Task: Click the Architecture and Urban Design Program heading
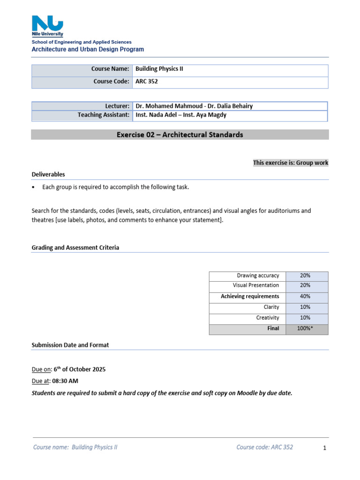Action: point(88,49)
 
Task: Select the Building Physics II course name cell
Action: point(159,69)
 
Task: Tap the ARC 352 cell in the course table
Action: point(147,81)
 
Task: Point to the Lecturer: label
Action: point(117,106)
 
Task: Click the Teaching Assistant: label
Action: point(104,115)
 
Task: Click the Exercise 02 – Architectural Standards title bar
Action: point(180,135)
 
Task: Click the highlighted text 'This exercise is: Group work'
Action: point(291,163)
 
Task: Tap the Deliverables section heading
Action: point(48,174)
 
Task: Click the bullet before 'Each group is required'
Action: point(33,187)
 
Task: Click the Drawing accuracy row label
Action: point(258,276)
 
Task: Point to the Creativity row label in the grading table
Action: point(267,318)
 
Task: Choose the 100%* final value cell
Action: point(305,329)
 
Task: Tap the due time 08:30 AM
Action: point(66,381)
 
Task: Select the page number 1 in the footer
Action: point(324,448)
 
